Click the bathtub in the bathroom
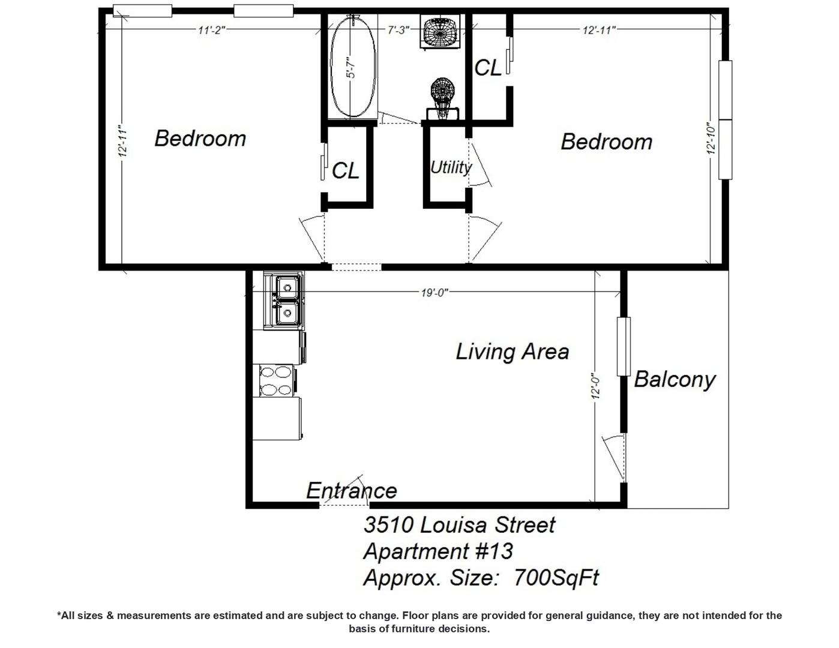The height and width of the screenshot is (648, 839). coord(353,66)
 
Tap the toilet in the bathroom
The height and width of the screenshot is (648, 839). coord(442,99)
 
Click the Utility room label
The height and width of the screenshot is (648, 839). coord(451,167)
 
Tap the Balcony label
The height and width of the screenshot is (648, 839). coord(675,379)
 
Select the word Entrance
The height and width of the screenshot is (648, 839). coord(351,491)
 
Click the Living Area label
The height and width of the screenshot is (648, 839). coord(513,352)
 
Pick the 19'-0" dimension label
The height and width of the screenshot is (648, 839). coord(435,293)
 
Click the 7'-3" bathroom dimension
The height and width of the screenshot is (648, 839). coord(398,30)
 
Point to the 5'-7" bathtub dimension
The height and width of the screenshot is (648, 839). coord(351,68)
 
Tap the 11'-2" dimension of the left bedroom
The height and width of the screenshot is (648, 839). coord(211,30)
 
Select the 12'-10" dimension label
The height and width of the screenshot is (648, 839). coord(711,139)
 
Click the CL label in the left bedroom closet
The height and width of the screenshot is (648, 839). coord(346,170)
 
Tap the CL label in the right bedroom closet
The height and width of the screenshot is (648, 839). coord(488,68)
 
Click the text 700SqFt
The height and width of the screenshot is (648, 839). coord(556,578)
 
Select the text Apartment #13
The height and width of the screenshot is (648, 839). coord(438,551)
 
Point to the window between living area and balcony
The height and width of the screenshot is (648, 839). coord(624,347)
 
